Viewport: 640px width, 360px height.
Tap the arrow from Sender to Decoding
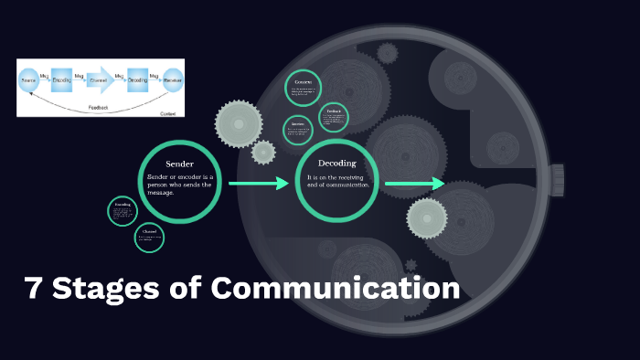pyautogui.click(x=258, y=184)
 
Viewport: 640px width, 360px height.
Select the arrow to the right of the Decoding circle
pyautogui.click(x=414, y=184)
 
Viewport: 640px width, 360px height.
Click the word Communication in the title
pyautogui.click(x=336, y=289)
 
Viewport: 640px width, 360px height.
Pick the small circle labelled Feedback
pyautogui.click(x=333, y=118)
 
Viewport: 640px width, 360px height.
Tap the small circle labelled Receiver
pyautogui.click(x=297, y=130)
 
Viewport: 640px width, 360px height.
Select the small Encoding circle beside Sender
pyautogui.click(x=123, y=211)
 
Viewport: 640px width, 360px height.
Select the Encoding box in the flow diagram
pyautogui.click(x=62, y=80)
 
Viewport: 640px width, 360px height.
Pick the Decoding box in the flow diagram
pyautogui.click(x=137, y=80)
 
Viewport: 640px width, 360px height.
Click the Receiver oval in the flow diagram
pyautogui.click(x=171, y=80)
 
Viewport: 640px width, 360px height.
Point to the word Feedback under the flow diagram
pyautogui.click(x=98, y=107)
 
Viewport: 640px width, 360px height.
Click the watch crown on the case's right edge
pyautogui.click(x=557, y=181)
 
